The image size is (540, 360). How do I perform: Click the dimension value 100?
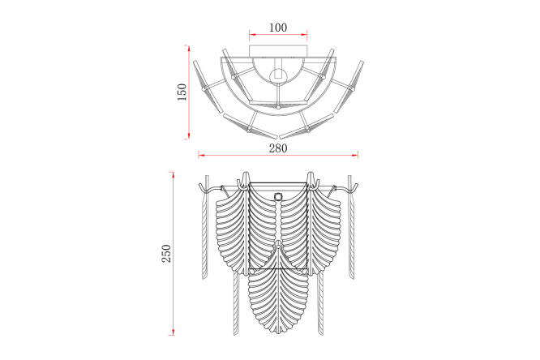click(278, 28)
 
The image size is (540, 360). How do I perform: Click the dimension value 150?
click(182, 92)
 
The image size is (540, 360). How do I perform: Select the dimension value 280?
click(278, 148)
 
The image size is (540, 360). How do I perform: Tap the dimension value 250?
click(166, 254)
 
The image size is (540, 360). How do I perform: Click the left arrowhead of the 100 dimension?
click(252, 34)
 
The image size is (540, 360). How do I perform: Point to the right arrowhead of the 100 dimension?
click(304, 34)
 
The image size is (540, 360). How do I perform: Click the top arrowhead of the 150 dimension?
click(188, 48)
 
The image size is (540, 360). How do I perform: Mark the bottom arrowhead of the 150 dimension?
click(188, 135)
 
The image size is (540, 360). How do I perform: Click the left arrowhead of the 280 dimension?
click(201, 156)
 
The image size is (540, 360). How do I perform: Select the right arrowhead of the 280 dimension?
click(354, 156)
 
